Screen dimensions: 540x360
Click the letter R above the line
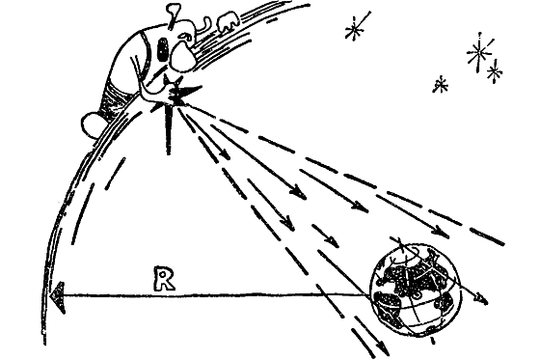click(x=165, y=278)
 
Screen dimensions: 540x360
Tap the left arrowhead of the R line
click(x=58, y=297)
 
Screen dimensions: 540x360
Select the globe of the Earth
click(x=415, y=289)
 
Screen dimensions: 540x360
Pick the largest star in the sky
click(x=478, y=52)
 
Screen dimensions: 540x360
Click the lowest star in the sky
click(x=440, y=85)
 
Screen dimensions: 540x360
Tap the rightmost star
click(x=495, y=71)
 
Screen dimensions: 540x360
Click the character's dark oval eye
click(x=163, y=49)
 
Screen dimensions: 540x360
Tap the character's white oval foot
click(x=93, y=125)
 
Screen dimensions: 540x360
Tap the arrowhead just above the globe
click(x=443, y=231)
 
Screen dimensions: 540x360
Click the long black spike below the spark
click(x=168, y=129)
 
